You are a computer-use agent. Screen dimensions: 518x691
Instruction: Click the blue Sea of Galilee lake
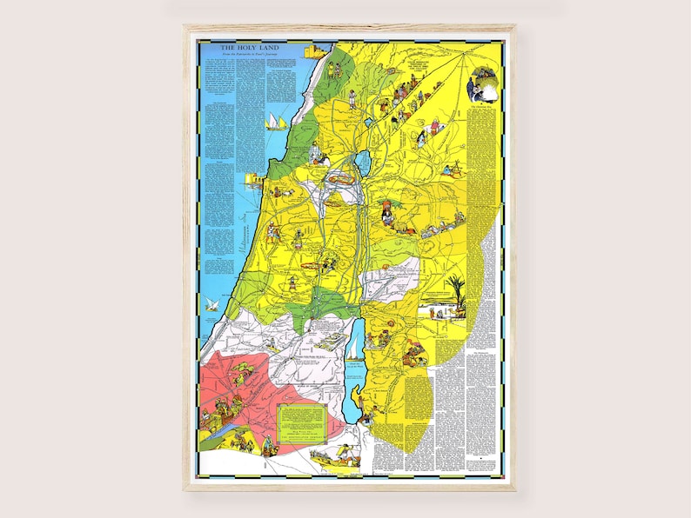click(x=360, y=162)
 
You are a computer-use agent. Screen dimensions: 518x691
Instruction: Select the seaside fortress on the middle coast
click(x=256, y=181)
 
